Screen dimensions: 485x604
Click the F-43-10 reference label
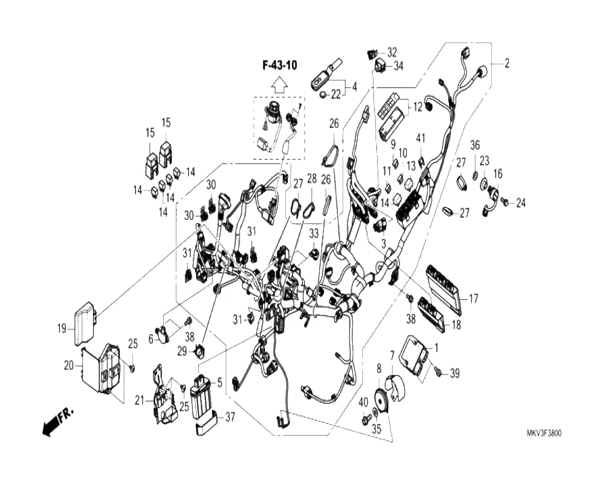(x=279, y=65)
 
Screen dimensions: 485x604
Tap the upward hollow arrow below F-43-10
(x=279, y=84)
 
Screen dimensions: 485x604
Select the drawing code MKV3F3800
(x=540, y=433)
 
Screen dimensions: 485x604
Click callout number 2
(x=507, y=64)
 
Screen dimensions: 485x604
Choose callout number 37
(x=229, y=417)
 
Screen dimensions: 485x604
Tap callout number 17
(x=473, y=299)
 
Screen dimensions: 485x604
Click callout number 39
(x=454, y=374)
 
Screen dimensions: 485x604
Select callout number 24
(x=521, y=202)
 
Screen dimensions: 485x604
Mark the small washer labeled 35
(x=376, y=412)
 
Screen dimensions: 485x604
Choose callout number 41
(x=421, y=139)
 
